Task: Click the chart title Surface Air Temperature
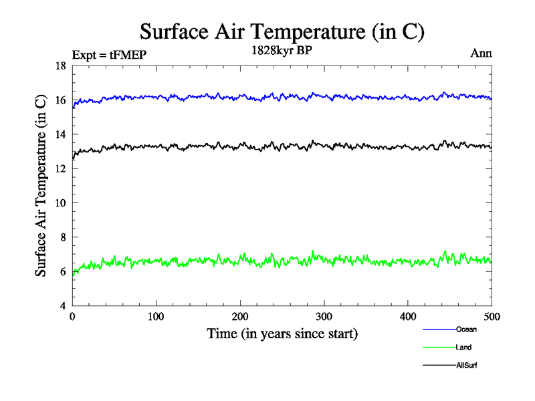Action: tap(282, 31)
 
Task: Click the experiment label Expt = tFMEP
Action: tap(108, 55)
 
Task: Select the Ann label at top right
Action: tap(481, 53)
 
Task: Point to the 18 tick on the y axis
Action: tap(60, 65)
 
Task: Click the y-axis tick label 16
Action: tap(60, 100)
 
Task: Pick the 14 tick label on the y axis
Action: tap(60, 134)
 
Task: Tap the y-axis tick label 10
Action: tap(60, 203)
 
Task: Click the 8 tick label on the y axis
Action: tap(62, 237)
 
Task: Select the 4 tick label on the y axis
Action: tap(62, 306)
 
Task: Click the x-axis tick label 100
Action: tap(156, 316)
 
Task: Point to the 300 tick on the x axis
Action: tap(324, 316)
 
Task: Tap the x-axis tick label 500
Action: tap(492, 316)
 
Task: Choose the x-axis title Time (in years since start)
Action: tap(282, 333)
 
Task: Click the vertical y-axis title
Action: tap(41, 186)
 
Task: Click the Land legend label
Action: tap(464, 348)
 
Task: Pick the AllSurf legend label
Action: tap(467, 366)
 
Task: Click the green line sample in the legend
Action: tap(439, 348)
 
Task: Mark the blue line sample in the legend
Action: tap(439, 329)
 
